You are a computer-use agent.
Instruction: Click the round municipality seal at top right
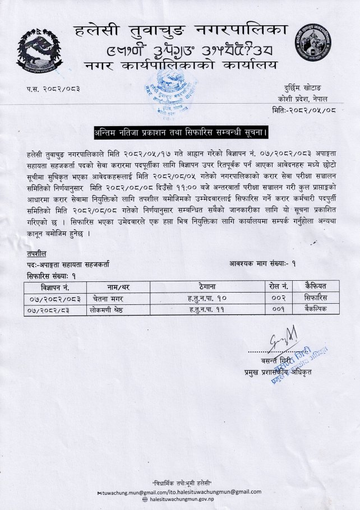[x=316, y=47]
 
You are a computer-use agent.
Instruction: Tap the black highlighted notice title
[x=181, y=132]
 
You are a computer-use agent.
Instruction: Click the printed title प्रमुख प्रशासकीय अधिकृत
[x=279, y=372]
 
